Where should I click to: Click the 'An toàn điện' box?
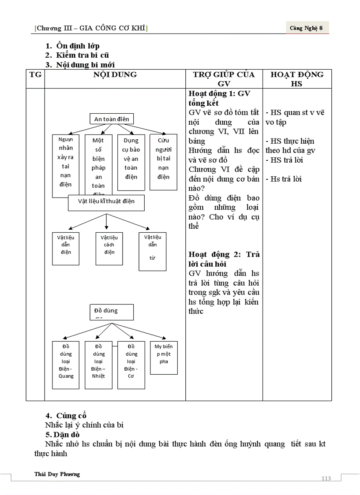(x=112, y=119)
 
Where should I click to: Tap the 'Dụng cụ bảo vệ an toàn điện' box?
(x=131, y=162)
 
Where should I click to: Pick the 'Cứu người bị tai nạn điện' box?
(x=163, y=162)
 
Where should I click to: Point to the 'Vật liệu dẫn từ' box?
(x=153, y=251)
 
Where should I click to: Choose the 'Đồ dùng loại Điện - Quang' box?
(x=66, y=365)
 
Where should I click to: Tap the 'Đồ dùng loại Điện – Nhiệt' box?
(x=99, y=365)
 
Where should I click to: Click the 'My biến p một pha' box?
(x=164, y=358)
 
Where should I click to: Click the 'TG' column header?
(x=35, y=75)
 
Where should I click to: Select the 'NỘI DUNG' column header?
(x=115, y=75)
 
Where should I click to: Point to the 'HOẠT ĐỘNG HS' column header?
(x=297, y=79)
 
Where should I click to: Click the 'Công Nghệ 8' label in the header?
(x=307, y=28)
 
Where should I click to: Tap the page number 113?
(x=326, y=479)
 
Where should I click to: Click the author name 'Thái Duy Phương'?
(x=57, y=474)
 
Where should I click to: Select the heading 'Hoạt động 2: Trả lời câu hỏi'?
(x=224, y=259)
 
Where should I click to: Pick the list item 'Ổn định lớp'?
(x=78, y=46)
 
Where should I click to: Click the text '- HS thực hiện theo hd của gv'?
(x=290, y=146)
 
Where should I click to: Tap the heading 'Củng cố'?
(x=71, y=416)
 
